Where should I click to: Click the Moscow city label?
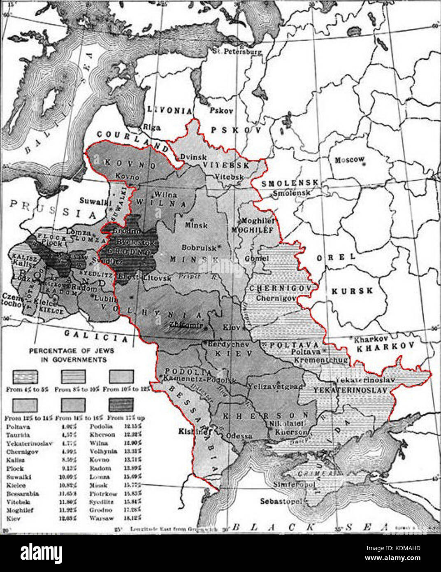click(x=349, y=160)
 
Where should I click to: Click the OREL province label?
click(x=336, y=257)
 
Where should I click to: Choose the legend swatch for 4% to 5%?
click(x=25, y=377)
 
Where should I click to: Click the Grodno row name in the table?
click(x=100, y=510)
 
